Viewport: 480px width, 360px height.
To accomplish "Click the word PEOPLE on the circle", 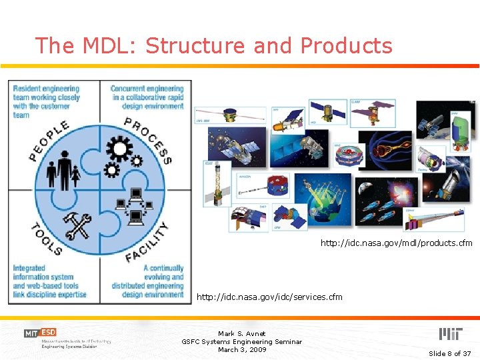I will coord(49,141).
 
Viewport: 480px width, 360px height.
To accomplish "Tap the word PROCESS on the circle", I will coord(149,139).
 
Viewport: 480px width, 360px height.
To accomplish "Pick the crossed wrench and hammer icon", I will coord(78,225).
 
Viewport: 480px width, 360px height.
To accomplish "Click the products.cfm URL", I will coord(396,243).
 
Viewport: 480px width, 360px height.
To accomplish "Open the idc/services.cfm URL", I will coord(269,297).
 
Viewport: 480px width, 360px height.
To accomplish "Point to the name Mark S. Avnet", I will coord(241,333).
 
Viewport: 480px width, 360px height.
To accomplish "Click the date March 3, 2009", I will coord(241,349).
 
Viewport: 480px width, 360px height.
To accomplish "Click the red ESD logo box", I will coord(48,332).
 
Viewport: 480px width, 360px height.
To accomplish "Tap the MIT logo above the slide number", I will coord(450,334).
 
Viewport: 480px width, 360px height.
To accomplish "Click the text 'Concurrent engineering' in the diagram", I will coord(147,89).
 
